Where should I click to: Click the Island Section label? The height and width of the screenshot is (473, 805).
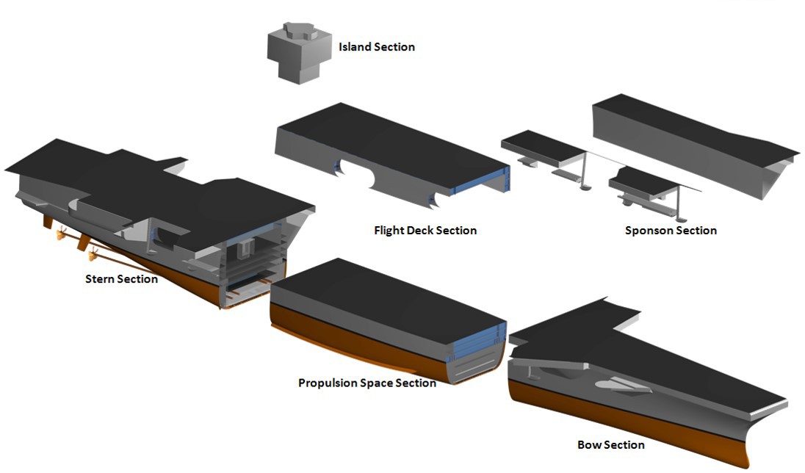(x=377, y=47)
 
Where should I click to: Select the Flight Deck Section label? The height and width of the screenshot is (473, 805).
(x=425, y=231)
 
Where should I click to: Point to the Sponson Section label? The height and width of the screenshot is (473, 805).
(x=671, y=231)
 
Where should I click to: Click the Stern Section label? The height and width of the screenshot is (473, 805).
(x=121, y=279)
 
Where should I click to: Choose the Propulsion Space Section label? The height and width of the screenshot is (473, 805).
(x=367, y=383)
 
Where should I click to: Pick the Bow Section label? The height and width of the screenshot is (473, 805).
(x=611, y=445)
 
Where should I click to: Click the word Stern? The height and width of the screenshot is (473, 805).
(x=101, y=279)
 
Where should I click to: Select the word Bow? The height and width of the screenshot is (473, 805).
(x=589, y=445)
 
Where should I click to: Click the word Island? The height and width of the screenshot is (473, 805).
(x=355, y=47)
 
